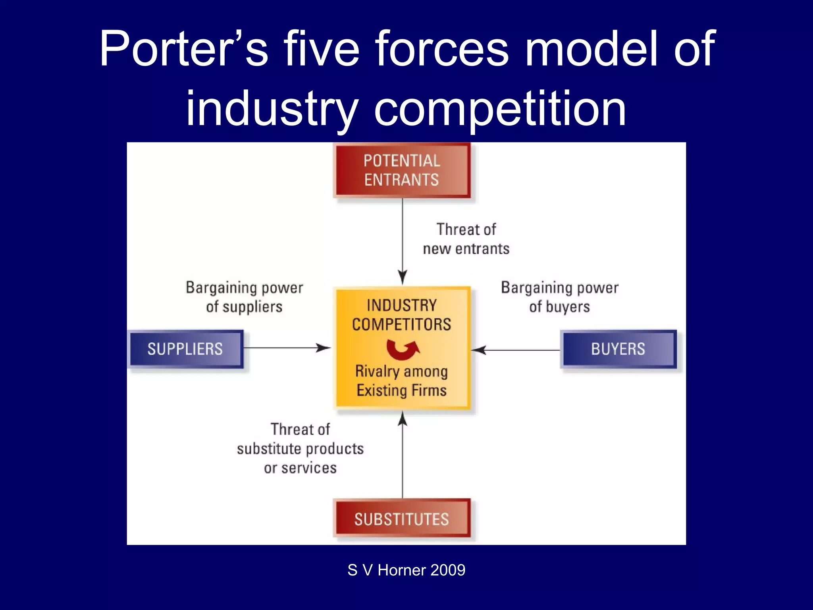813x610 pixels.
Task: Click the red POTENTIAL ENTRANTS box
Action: pos(402,170)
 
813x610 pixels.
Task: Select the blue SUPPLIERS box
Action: pos(185,349)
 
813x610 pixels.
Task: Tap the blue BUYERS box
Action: pos(618,349)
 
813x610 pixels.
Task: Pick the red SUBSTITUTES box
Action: pos(402,519)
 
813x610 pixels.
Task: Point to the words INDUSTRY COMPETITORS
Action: pos(402,315)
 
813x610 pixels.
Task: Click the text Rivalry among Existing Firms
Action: pos(402,380)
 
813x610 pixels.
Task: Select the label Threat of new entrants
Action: pos(466,239)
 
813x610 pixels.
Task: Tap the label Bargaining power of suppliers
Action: pos(244,297)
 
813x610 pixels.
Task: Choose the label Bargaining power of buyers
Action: pos(559,297)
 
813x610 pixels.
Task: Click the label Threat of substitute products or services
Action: pos(300,448)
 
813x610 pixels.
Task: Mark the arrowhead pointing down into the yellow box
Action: pos(403,277)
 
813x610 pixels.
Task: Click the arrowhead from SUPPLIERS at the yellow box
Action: pos(324,348)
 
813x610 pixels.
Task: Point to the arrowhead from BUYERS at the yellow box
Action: pos(479,350)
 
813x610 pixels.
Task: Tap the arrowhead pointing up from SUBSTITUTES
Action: pos(403,419)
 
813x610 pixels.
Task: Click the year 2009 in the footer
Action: pos(447,570)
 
